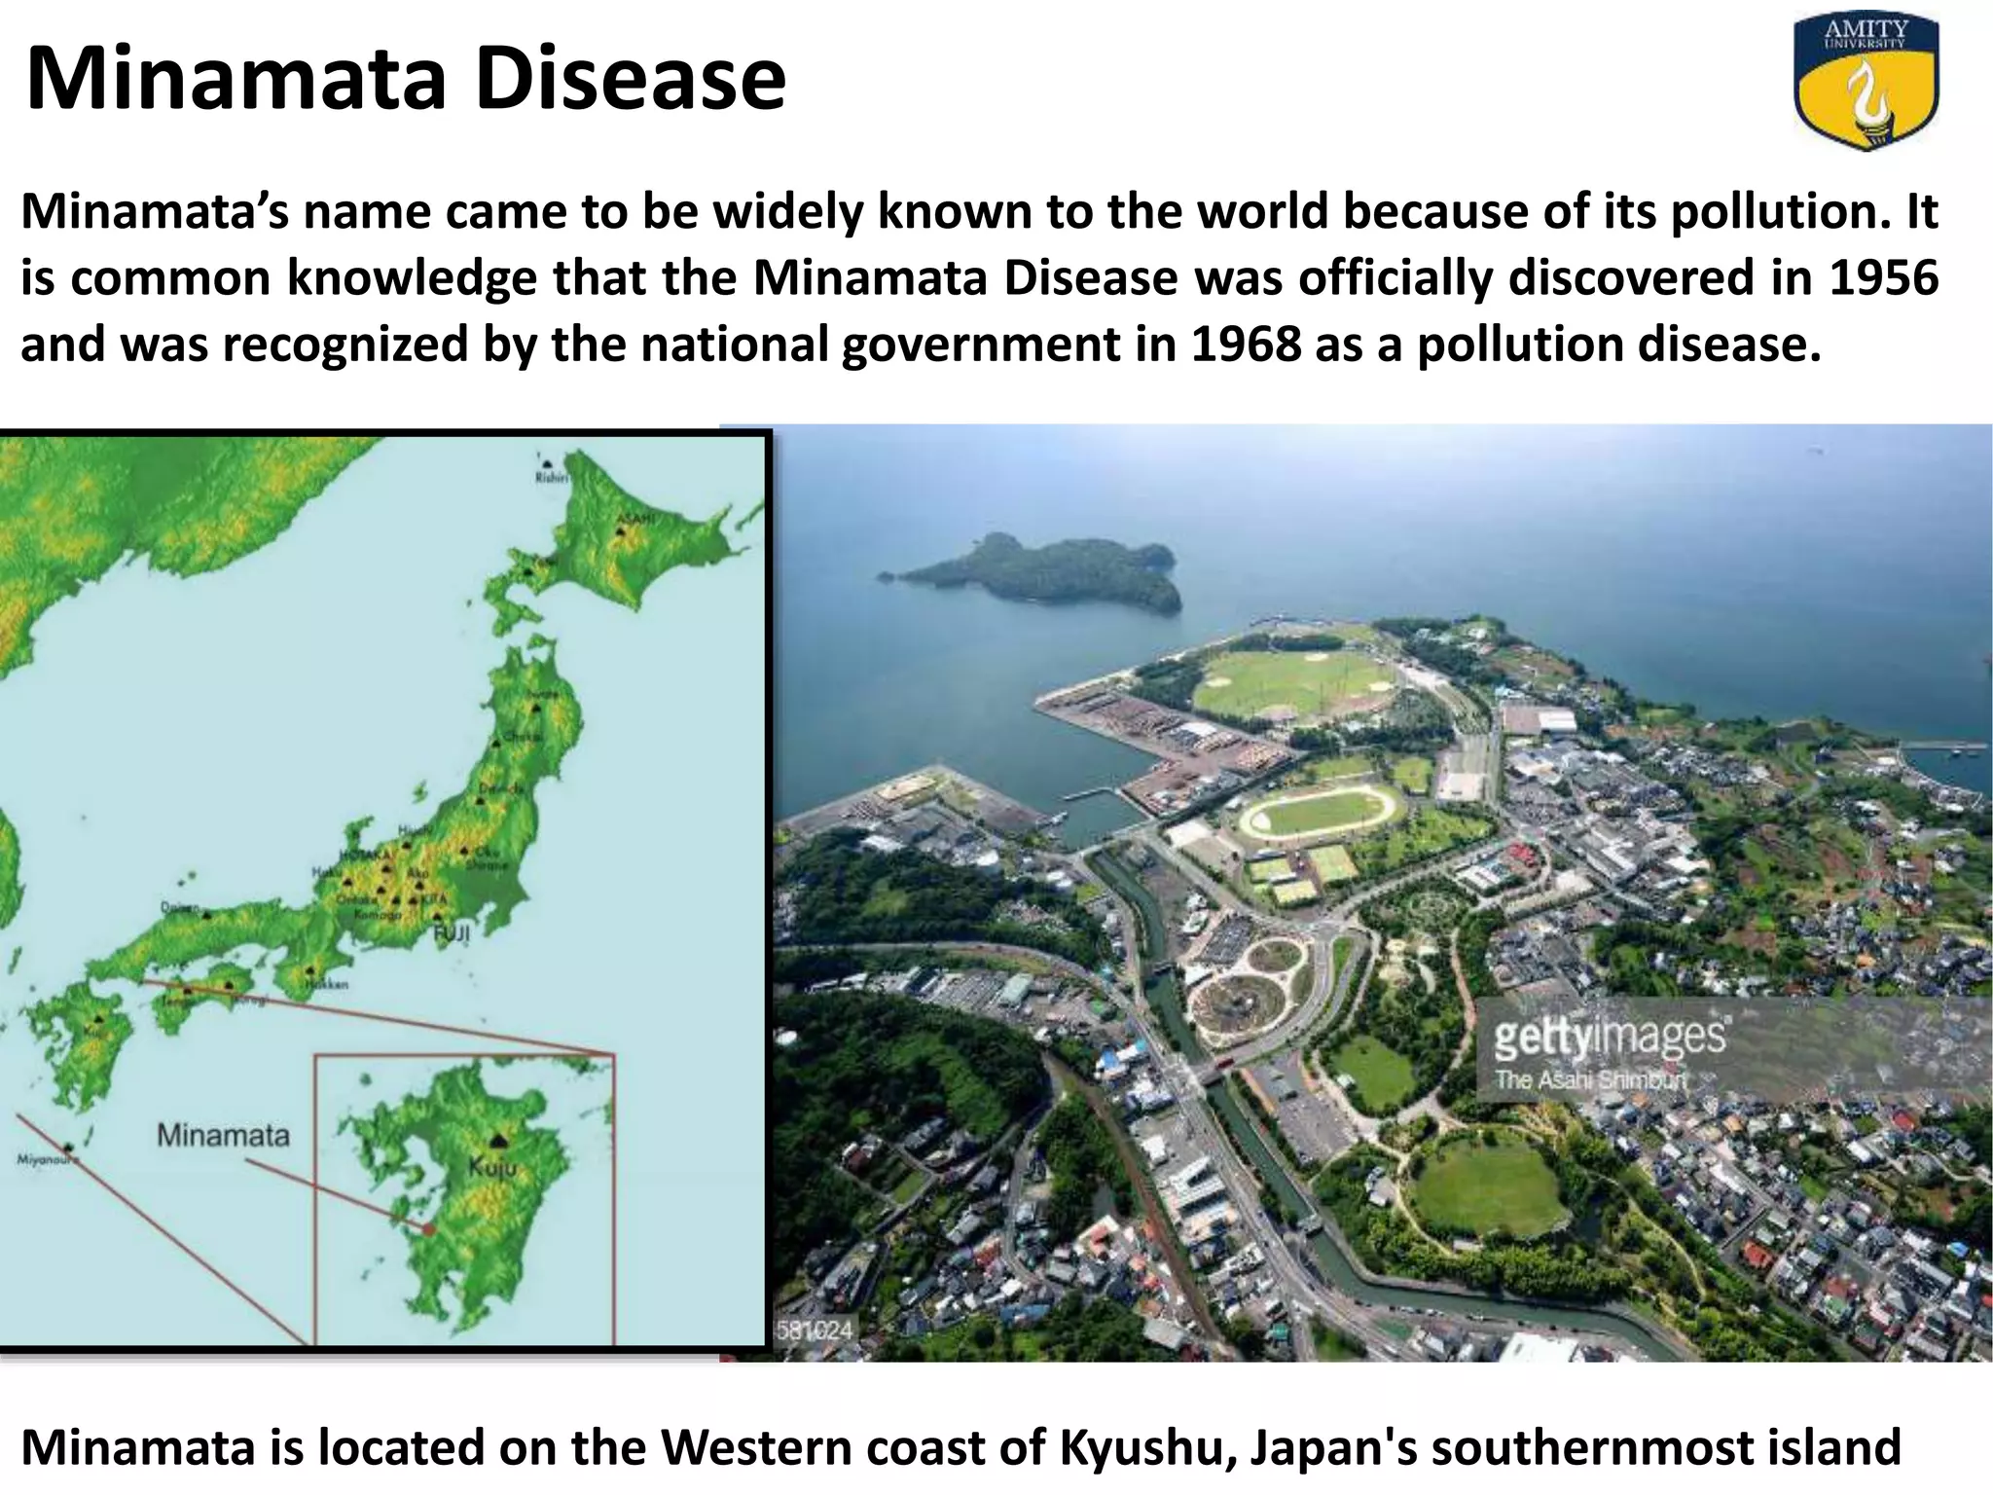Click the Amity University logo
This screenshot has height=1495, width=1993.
click(x=1866, y=85)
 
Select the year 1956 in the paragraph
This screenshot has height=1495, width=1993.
click(x=1883, y=278)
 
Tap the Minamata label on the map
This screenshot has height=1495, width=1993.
click(x=223, y=1135)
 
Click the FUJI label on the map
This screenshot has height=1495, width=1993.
click(x=451, y=933)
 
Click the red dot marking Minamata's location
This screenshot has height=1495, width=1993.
click(x=428, y=1228)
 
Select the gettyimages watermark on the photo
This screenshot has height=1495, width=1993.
click(x=1610, y=1038)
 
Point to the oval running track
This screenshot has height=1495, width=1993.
click(x=1322, y=810)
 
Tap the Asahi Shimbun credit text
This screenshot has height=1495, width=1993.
click(x=1590, y=1079)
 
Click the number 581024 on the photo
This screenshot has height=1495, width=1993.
click(x=814, y=1330)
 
